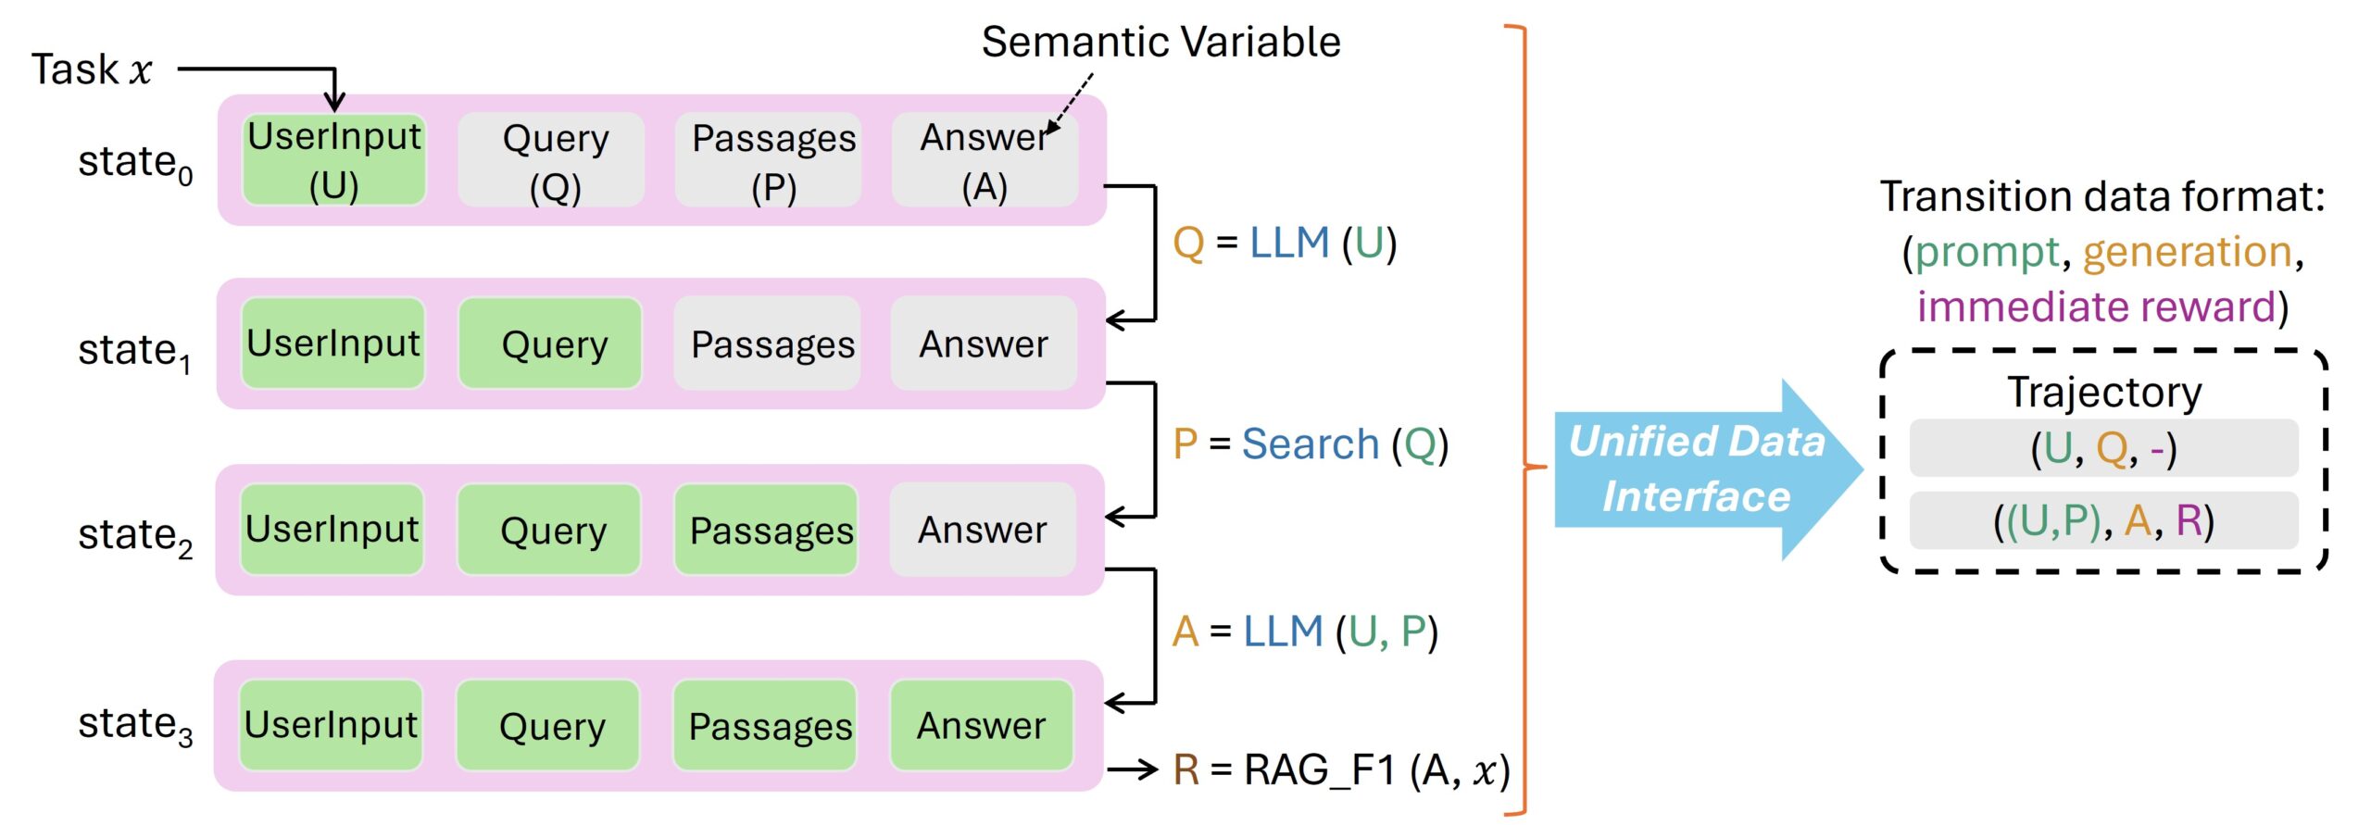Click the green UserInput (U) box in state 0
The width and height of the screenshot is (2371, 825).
click(x=333, y=159)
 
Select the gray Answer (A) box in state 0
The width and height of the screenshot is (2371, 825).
click(x=984, y=159)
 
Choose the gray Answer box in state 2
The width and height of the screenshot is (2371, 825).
click(x=982, y=530)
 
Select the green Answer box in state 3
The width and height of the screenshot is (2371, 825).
click(x=981, y=726)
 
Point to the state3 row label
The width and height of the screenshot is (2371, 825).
click(x=135, y=725)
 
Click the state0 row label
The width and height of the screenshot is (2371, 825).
click(x=135, y=163)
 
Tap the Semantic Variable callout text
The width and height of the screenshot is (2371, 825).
click(x=1160, y=42)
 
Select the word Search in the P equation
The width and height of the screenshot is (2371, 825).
click(x=1310, y=444)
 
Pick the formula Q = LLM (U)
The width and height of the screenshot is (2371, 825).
click(x=1284, y=244)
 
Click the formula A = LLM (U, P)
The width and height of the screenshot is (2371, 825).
click(x=1304, y=631)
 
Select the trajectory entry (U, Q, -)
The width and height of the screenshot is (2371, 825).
click(x=2103, y=449)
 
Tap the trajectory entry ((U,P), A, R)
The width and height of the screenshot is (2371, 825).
click(x=2103, y=520)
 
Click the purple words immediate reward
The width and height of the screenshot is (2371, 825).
click(x=2096, y=306)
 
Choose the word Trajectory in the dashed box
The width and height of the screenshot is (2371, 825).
click(x=2103, y=392)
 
